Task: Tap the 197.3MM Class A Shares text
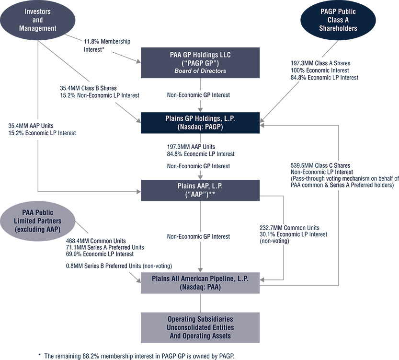point(317,62)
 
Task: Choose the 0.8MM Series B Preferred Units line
point(118,266)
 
